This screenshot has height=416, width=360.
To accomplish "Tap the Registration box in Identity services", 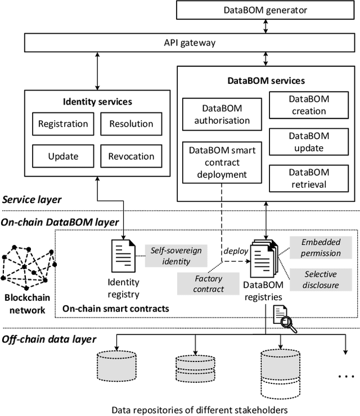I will [62, 124].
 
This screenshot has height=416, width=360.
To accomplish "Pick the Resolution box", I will [130, 124].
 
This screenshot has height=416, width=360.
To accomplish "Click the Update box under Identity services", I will [62, 156].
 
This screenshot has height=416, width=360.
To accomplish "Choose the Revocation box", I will [130, 156].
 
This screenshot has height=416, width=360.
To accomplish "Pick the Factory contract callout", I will [208, 283].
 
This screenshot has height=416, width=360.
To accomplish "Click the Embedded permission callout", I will [321, 247].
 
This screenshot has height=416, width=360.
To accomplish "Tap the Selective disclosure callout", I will [321, 279].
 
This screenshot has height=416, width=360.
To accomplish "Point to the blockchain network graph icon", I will [27, 264].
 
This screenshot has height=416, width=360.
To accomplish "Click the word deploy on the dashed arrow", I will [236, 251].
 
